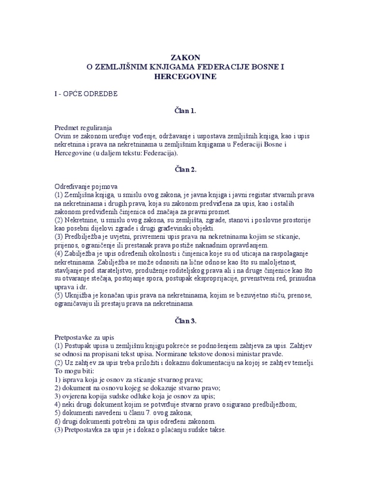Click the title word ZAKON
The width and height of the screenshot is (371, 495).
[x=185, y=58]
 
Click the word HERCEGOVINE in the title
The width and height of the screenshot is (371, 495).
[x=185, y=76]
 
